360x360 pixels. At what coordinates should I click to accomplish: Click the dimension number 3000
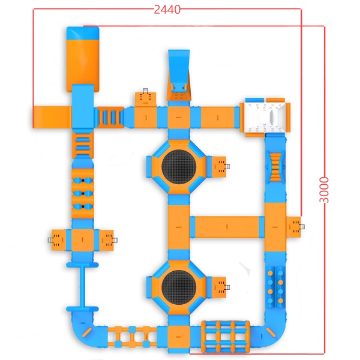coord(325,190)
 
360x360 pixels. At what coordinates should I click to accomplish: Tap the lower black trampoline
coord(178,286)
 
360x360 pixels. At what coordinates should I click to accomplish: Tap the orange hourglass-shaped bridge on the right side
coord(275,166)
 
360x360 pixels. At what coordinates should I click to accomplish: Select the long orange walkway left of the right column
coord(227,227)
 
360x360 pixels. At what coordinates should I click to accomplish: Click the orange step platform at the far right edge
coord(294,226)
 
